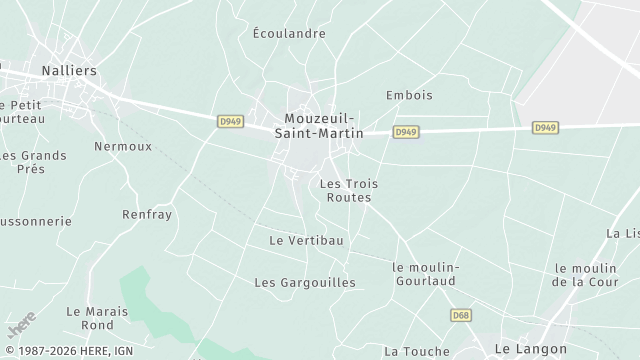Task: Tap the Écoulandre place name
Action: pyautogui.click(x=289, y=33)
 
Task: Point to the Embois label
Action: pyautogui.click(x=409, y=96)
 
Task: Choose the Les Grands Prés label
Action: pyautogui.click(x=33, y=162)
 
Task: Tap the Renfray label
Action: pyautogui.click(x=146, y=215)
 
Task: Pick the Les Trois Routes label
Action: pyautogui.click(x=349, y=190)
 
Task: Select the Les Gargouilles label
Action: pyautogui.click(x=305, y=283)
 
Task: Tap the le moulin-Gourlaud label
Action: pyautogui.click(x=425, y=274)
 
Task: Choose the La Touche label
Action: pyautogui.click(x=417, y=351)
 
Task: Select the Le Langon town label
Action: pyautogui.click(x=532, y=349)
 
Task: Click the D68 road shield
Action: pyautogui.click(x=460, y=315)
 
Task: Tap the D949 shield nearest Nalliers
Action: pyautogui.click(x=230, y=121)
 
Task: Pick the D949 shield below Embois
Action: pyautogui.click(x=405, y=132)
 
